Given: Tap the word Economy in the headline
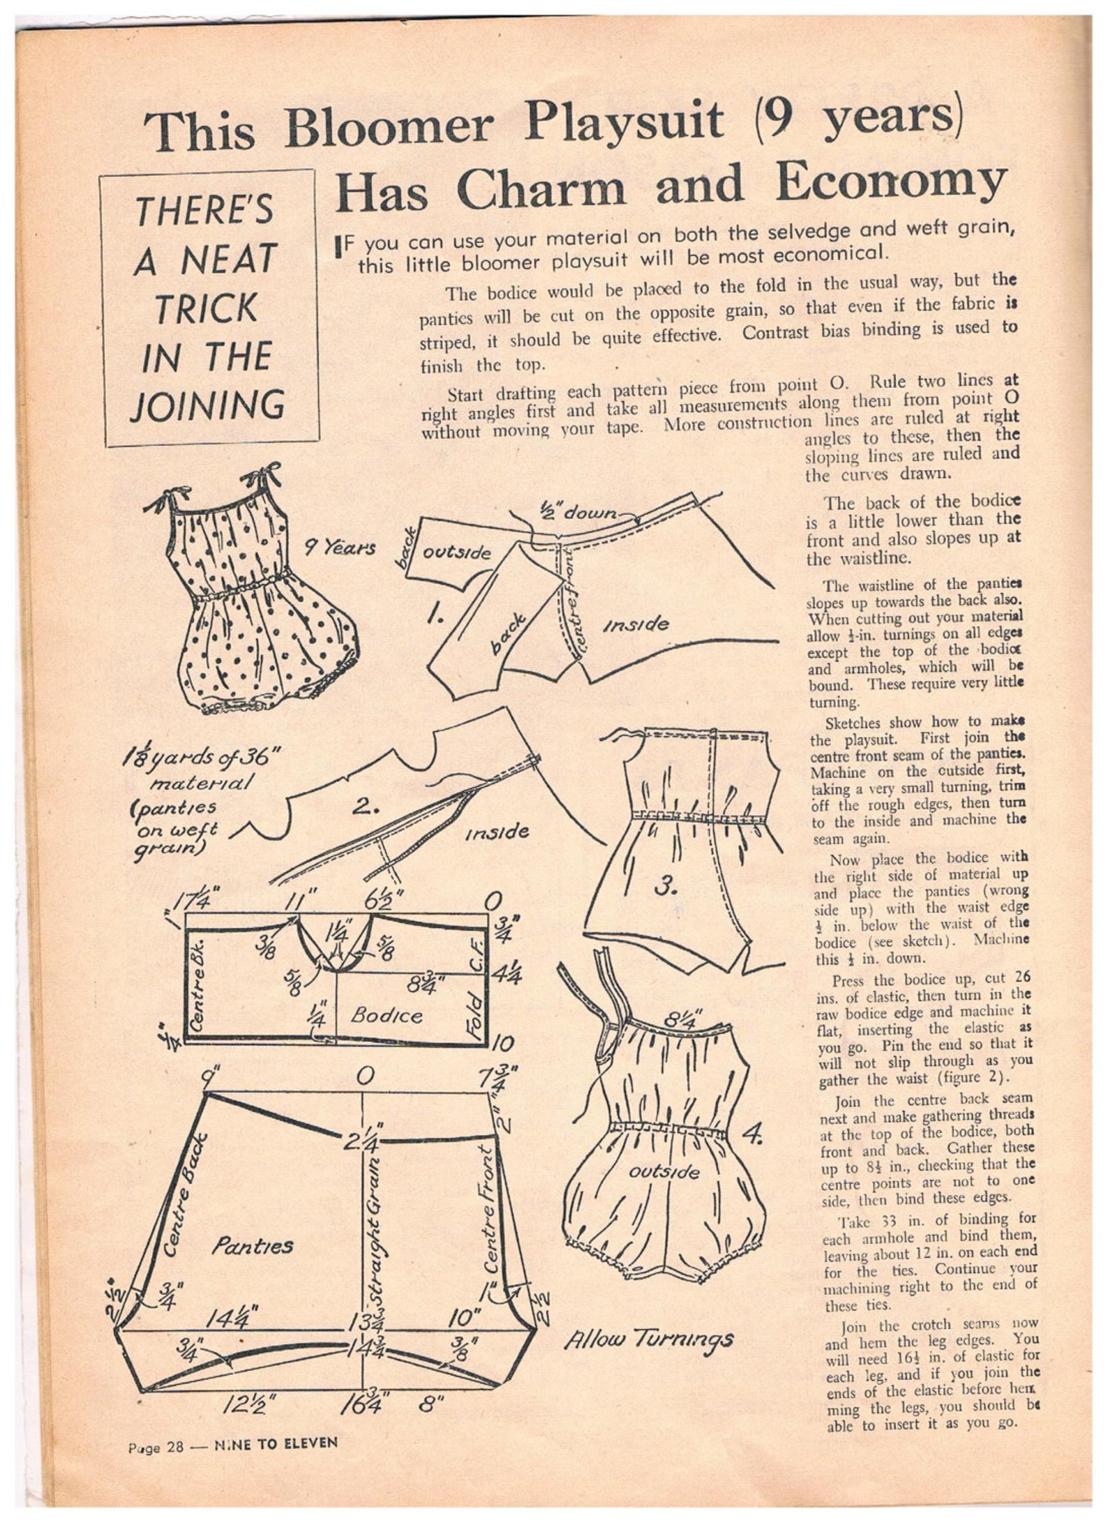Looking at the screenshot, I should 892,183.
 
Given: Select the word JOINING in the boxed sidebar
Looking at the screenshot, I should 208,405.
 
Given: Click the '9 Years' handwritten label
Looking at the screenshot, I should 340,548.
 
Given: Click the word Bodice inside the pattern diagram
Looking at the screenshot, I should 386,1015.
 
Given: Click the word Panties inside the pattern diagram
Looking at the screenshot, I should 252,1245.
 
